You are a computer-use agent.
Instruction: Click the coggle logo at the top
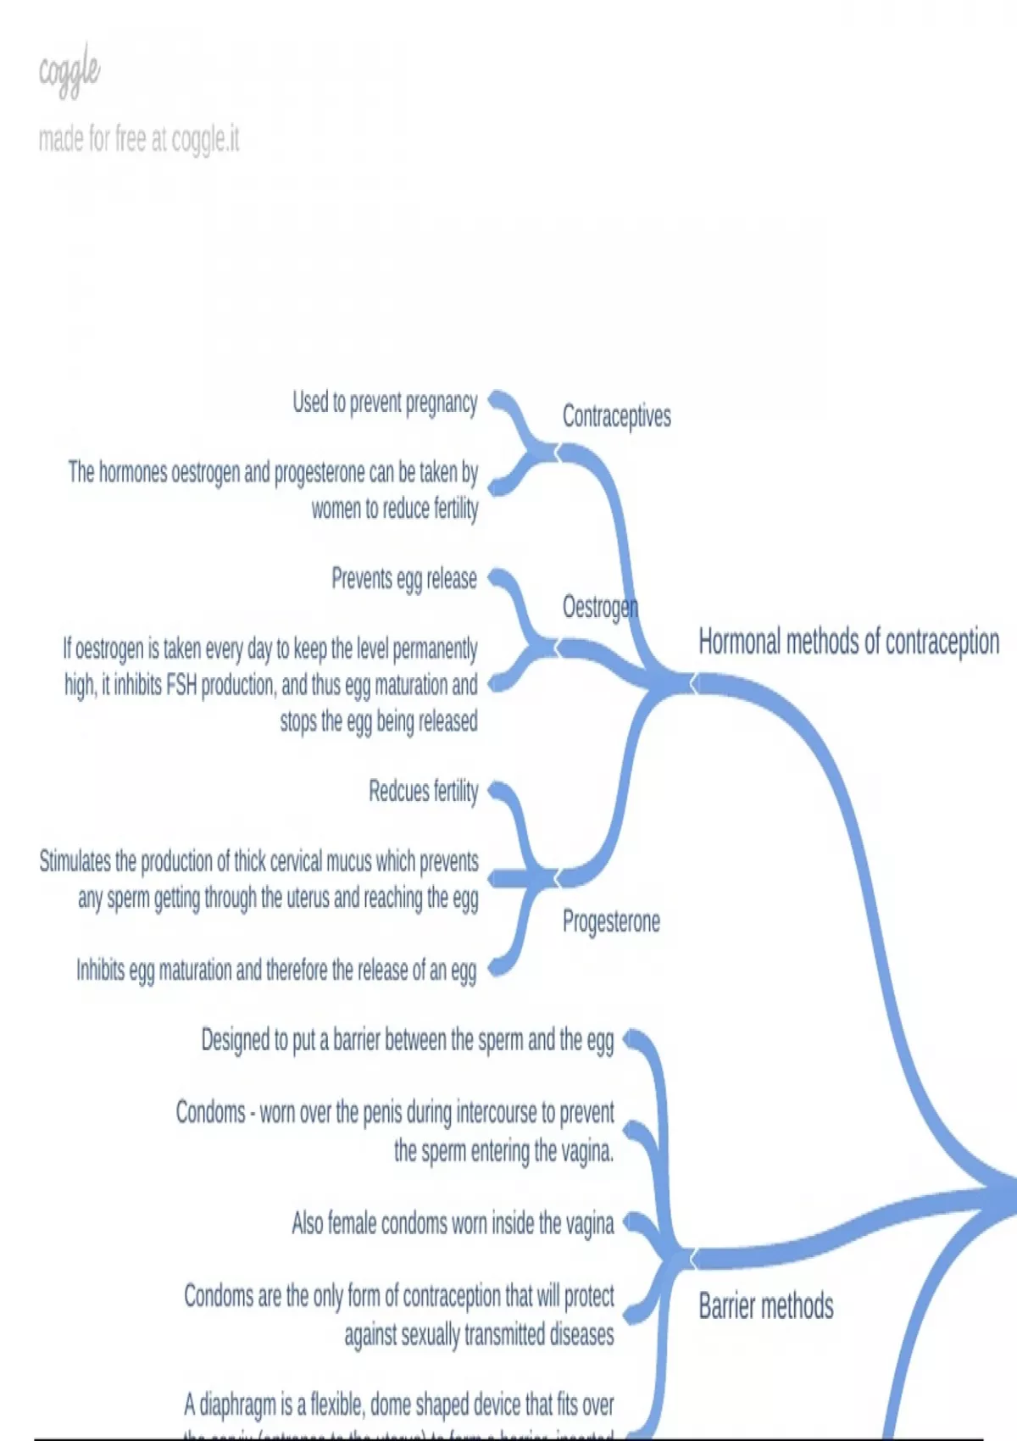69,71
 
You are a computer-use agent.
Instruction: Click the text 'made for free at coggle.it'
139,139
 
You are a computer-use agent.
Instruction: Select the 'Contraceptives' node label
616,416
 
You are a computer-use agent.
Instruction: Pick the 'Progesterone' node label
611,921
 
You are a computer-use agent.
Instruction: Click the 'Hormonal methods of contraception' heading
848,642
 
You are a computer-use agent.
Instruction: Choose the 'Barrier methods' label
765,1306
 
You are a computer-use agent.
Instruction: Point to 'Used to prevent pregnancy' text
385,402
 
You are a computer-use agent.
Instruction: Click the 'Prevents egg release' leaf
404,579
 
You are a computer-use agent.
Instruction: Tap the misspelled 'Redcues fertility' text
423,791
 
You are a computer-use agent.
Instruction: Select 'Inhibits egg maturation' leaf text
276,970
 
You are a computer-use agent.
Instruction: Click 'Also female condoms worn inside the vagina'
453,1223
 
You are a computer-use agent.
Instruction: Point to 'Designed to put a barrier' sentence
407,1039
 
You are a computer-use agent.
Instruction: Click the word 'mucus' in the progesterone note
343,861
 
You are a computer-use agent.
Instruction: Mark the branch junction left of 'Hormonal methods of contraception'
692,683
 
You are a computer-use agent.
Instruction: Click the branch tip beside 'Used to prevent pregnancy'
496,397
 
